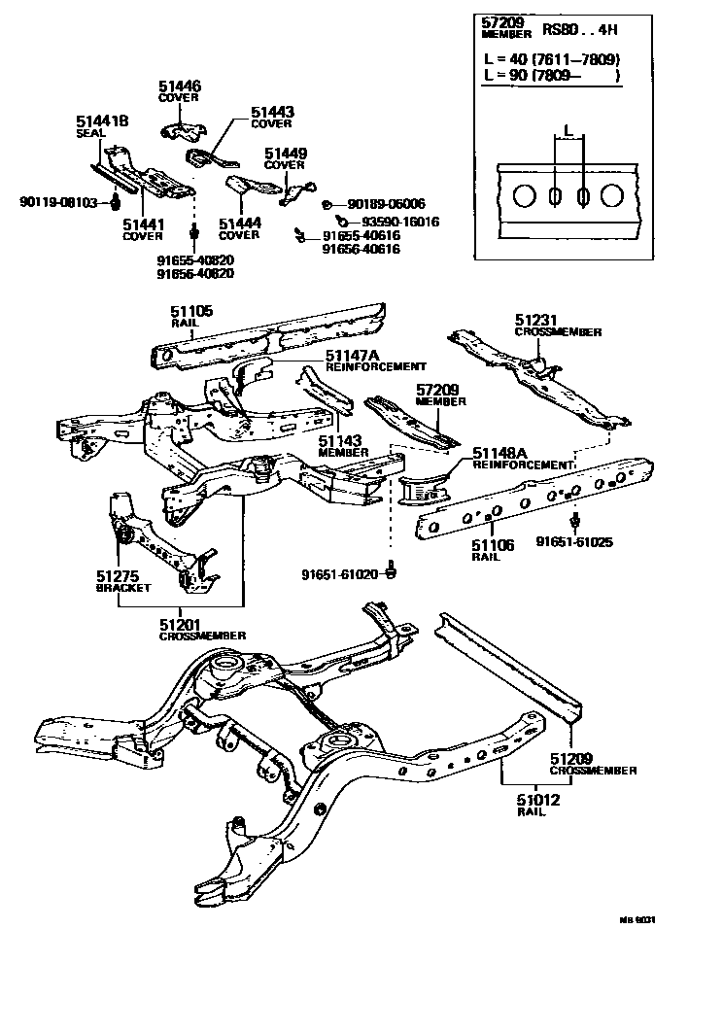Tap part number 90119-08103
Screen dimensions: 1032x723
click(x=59, y=202)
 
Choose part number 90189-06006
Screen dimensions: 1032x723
click(x=386, y=204)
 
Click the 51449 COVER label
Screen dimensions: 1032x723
click(x=285, y=158)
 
